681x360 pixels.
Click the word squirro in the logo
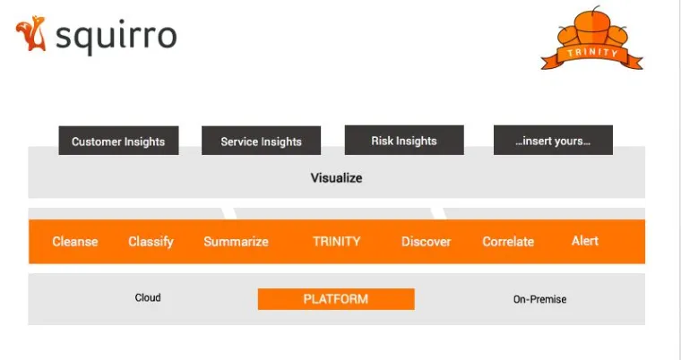pyautogui.click(x=116, y=37)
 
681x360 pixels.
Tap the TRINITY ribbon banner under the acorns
pyautogui.click(x=592, y=54)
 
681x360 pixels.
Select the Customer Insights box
pyautogui.click(x=118, y=141)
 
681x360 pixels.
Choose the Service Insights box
pyautogui.click(x=261, y=141)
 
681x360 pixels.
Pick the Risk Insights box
pyautogui.click(x=404, y=141)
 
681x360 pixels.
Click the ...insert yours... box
pyautogui.click(x=553, y=141)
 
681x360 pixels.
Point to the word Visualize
pyautogui.click(x=336, y=178)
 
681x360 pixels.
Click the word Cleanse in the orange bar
pyautogui.click(x=75, y=242)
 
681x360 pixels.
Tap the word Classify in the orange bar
pyautogui.click(x=151, y=242)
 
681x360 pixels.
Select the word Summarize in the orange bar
pyautogui.click(x=236, y=242)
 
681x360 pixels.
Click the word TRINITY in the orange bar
pyautogui.click(x=336, y=242)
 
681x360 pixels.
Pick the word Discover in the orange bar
pyautogui.click(x=426, y=242)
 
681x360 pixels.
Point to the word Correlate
pyautogui.click(x=508, y=242)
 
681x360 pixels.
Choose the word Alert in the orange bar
pyautogui.click(x=585, y=241)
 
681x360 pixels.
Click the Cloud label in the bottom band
pyautogui.click(x=148, y=298)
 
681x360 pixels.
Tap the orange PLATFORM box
pyautogui.click(x=336, y=299)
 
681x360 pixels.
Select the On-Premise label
pyautogui.click(x=539, y=299)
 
